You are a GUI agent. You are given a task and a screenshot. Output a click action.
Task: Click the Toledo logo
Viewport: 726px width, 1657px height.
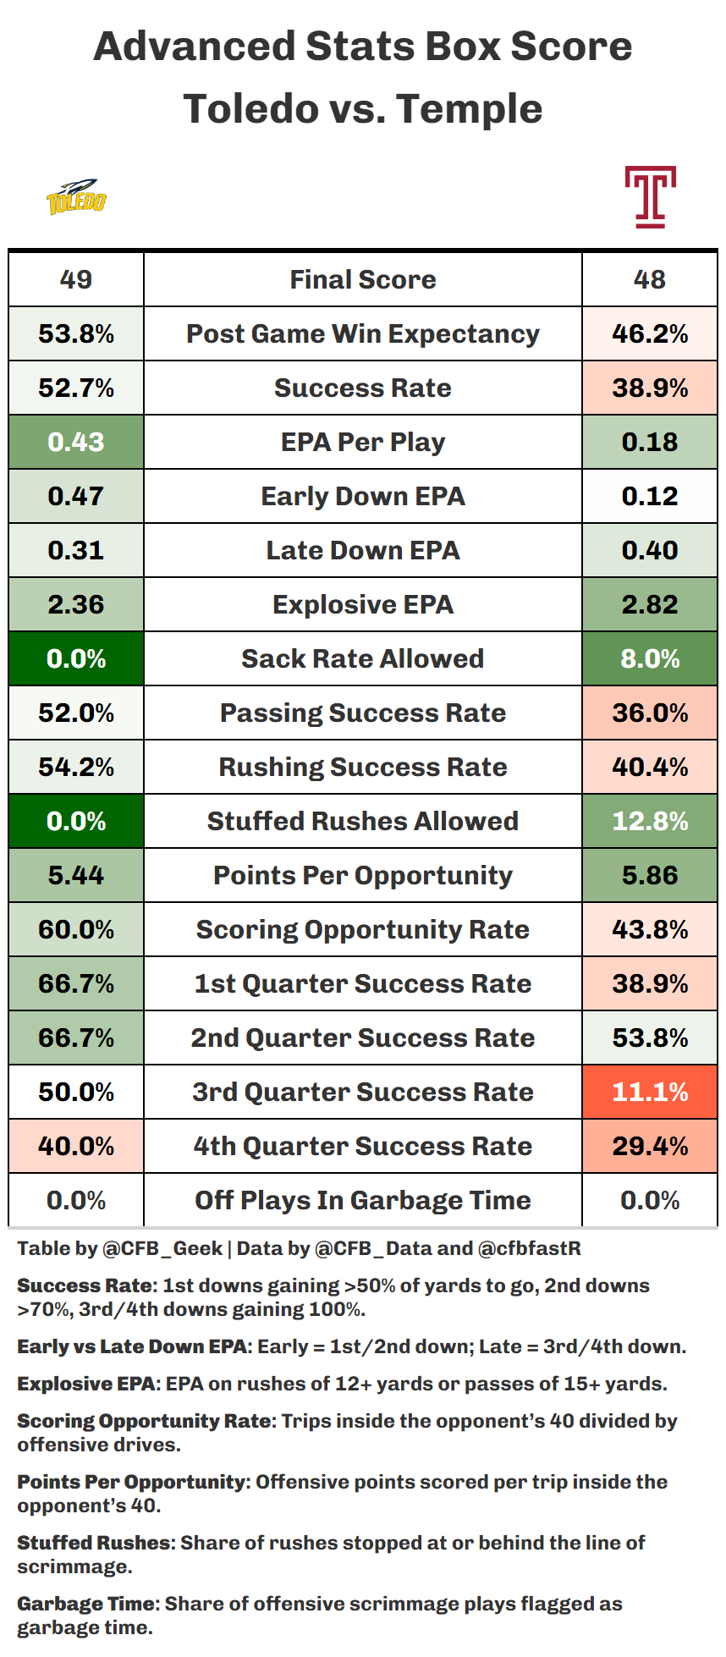76,196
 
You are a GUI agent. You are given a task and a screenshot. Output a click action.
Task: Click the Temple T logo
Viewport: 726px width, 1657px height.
650,196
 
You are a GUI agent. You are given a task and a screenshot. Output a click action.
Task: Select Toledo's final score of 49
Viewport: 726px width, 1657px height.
76,279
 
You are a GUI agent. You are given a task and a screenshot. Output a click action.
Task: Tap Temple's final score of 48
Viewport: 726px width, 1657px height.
650,279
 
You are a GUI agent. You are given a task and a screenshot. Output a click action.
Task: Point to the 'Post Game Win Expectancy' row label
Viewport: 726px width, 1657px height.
363,334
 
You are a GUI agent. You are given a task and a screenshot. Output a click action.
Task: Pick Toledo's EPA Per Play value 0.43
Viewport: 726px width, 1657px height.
76,442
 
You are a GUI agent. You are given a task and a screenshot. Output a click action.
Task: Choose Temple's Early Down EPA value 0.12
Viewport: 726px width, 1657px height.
650,496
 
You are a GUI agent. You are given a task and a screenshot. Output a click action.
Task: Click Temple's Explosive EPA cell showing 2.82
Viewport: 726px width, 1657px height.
650,604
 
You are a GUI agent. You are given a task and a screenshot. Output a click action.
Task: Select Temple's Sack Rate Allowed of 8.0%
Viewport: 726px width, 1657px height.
650,658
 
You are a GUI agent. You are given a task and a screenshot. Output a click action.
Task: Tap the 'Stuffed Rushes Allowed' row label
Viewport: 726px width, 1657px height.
363,821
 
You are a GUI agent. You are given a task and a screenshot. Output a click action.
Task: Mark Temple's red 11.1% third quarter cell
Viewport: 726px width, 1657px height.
650,1092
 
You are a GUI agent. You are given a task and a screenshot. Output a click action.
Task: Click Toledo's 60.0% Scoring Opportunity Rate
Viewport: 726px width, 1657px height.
76,929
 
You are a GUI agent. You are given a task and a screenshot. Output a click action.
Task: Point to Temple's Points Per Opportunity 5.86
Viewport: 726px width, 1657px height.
650,875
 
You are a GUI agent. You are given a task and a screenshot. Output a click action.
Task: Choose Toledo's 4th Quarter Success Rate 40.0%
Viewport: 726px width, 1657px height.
76,1146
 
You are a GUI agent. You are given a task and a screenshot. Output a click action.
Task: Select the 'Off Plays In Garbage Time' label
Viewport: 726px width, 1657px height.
363,1200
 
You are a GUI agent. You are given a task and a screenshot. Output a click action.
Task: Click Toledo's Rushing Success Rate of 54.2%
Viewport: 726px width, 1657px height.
76,767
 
